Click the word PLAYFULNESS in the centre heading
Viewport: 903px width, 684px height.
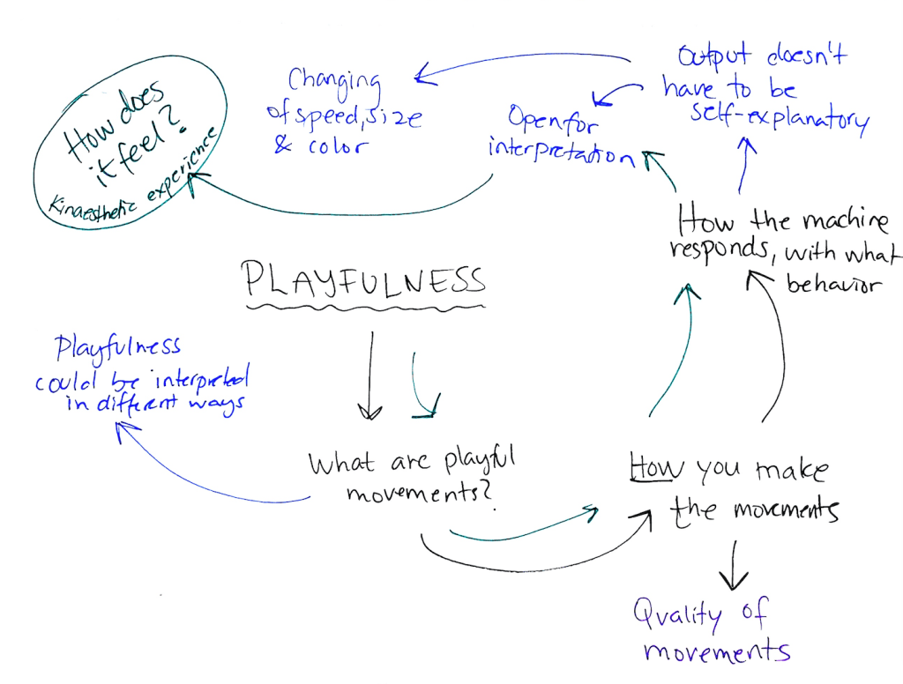pos(363,279)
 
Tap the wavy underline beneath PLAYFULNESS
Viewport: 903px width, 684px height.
pos(363,309)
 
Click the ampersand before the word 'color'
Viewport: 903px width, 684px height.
pos(282,145)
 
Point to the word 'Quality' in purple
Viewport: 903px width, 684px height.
pos(675,614)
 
